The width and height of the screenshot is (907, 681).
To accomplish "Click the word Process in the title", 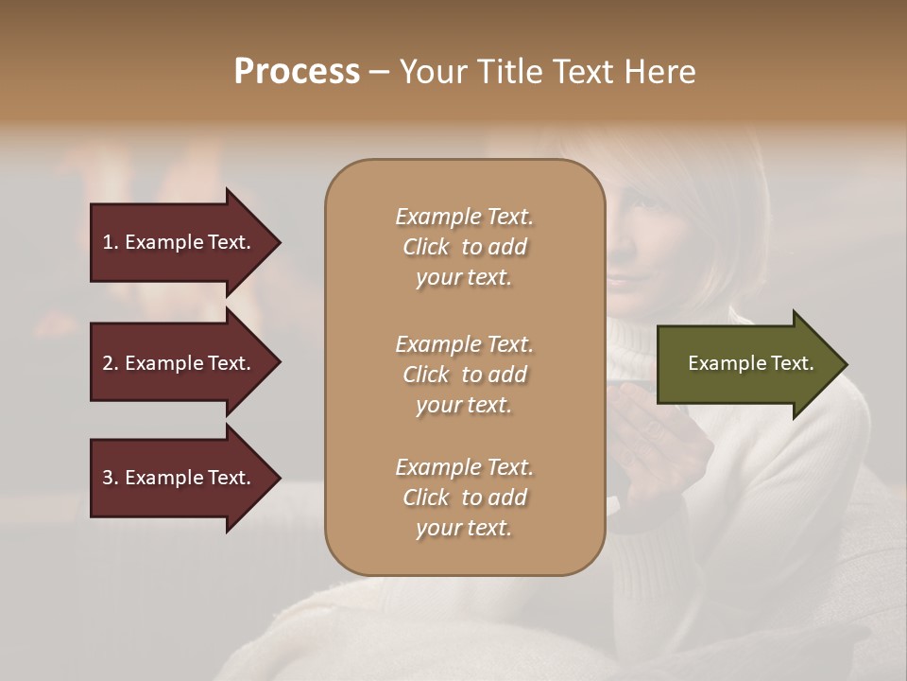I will pyautogui.click(x=297, y=72).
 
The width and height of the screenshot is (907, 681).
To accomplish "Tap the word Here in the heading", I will pyautogui.click(x=658, y=72).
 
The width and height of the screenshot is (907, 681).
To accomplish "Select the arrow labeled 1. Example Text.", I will pyautogui.click(x=180, y=242).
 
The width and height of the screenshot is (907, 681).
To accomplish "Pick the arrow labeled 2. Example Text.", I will pyautogui.click(x=180, y=363).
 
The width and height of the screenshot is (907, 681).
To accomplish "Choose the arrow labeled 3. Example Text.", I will pyautogui.click(x=180, y=478).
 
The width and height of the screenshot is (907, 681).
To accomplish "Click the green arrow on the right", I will pyautogui.click(x=746, y=364).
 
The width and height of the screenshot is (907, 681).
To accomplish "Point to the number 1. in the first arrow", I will pyautogui.click(x=111, y=242).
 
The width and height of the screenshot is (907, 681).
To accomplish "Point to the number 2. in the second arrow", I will pyautogui.click(x=111, y=363).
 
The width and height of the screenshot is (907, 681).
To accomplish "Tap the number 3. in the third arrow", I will pyautogui.click(x=111, y=478).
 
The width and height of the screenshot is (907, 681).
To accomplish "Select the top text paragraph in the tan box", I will pyautogui.click(x=464, y=247).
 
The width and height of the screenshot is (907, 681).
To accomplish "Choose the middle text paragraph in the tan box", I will pyautogui.click(x=464, y=375).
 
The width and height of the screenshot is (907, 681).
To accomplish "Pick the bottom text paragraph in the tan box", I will pyautogui.click(x=464, y=498).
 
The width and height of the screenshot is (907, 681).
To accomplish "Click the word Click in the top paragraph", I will pyautogui.click(x=426, y=247).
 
